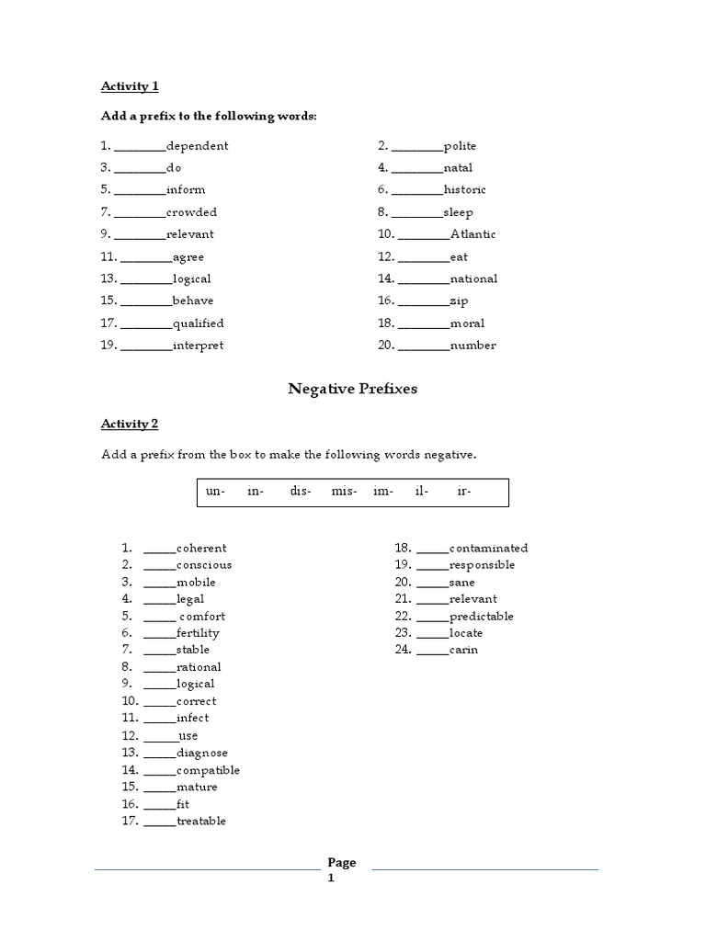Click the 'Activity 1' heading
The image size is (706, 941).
pos(130,86)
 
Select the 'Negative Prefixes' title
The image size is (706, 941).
pos(353,389)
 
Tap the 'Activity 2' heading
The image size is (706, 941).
pos(130,424)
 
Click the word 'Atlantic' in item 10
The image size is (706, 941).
pos(473,234)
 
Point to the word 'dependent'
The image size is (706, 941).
pos(198,146)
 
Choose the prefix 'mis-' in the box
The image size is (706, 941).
pos(344,492)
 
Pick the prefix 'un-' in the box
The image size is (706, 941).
pos(216,492)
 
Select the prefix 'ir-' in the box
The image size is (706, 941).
pos(464,492)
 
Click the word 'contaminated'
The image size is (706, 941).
pos(488,549)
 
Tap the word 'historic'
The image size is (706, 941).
pos(464,190)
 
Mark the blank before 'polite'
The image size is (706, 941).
pos(416,147)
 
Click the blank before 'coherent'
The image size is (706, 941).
pos(159,550)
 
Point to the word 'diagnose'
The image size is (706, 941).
pos(202,753)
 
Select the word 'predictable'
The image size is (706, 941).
pos(481,617)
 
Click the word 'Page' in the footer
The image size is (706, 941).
pos(342,863)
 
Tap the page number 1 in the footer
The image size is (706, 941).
pos(332,879)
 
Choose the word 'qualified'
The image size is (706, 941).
pos(198,323)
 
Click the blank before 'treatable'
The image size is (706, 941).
pos(159,822)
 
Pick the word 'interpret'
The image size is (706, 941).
pos(198,346)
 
